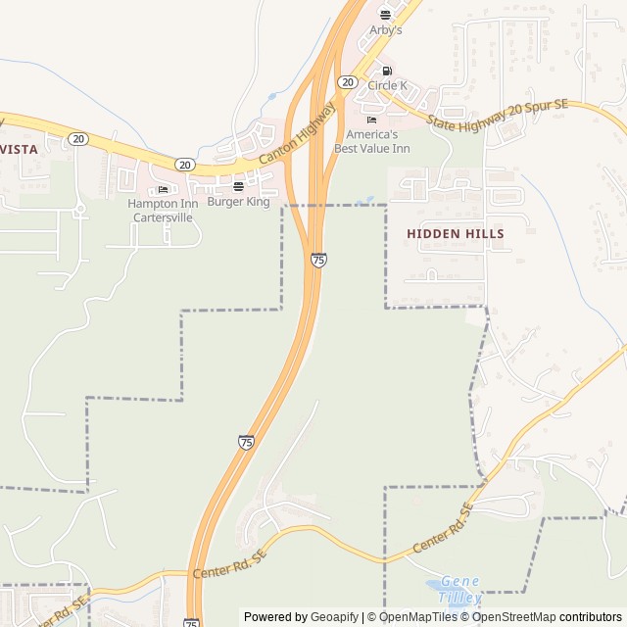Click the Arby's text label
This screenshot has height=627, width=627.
point(385,30)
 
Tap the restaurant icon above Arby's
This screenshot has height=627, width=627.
point(385,15)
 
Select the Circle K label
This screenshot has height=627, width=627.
point(387,86)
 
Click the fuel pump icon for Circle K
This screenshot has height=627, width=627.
point(387,71)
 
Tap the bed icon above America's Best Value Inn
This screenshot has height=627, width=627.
point(371,120)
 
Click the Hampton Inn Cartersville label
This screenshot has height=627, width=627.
point(163,210)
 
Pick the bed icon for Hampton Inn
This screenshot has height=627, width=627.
point(163,189)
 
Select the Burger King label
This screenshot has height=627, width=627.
point(238,202)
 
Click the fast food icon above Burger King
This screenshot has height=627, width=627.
point(238,186)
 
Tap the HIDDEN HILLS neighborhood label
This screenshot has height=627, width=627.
point(456,234)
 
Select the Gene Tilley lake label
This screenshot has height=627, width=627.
point(459,589)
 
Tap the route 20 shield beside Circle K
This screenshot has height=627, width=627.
point(347,82)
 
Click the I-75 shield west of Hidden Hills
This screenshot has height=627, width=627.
point(318,260)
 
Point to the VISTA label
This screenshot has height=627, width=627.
point(20,149)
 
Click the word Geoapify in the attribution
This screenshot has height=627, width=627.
point(334,617)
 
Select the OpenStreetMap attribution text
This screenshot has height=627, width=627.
point(516,617)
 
